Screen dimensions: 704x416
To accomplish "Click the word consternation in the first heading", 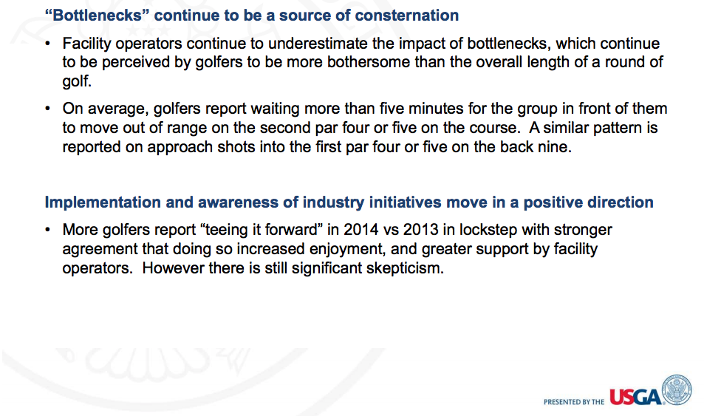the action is [407, 16].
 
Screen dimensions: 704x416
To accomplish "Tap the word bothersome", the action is [368, 62].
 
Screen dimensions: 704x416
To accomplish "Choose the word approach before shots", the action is [180, 148].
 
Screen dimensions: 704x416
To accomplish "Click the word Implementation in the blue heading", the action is [103, 202].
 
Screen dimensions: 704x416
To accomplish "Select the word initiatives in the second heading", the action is [405, 202].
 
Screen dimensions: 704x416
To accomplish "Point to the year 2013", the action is [420, 230].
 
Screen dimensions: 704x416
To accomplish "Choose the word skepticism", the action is [405, 269].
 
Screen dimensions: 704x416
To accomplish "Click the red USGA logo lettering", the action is [635, 397].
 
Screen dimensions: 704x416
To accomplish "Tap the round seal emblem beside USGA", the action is [677, 390].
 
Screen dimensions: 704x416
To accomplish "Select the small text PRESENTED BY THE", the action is [574, 402].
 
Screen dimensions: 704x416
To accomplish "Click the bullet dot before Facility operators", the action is [47, 44].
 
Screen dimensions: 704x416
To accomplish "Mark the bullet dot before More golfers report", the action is [47, 230].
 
